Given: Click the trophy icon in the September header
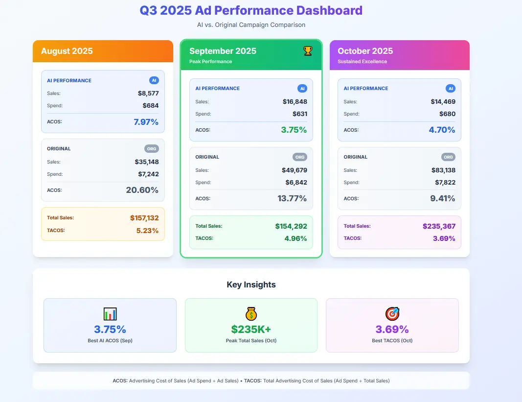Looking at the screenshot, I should (308, 50).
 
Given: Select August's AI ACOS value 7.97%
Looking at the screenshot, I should (146, 122).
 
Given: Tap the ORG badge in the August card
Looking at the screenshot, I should (152, 149).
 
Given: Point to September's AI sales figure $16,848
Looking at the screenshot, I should (295, 102).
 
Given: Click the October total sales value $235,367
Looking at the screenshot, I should (439, 226).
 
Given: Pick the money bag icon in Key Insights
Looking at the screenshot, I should (251, 314).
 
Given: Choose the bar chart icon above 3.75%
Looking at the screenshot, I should (110, 314).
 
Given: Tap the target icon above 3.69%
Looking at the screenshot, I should (392, 314).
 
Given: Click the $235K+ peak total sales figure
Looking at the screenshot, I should (251, 330).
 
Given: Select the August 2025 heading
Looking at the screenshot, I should (67, 51).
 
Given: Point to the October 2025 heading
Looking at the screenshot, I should (365, 51).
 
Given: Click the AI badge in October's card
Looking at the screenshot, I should (450, 89).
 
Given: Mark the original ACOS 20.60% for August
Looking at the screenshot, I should (142, 190).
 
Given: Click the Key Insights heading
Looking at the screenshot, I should (251, 284).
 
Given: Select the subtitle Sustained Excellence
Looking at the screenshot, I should (362, 62).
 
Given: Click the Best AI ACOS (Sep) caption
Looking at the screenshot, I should (110, 341).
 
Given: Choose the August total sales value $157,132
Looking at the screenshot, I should (144, 218).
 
